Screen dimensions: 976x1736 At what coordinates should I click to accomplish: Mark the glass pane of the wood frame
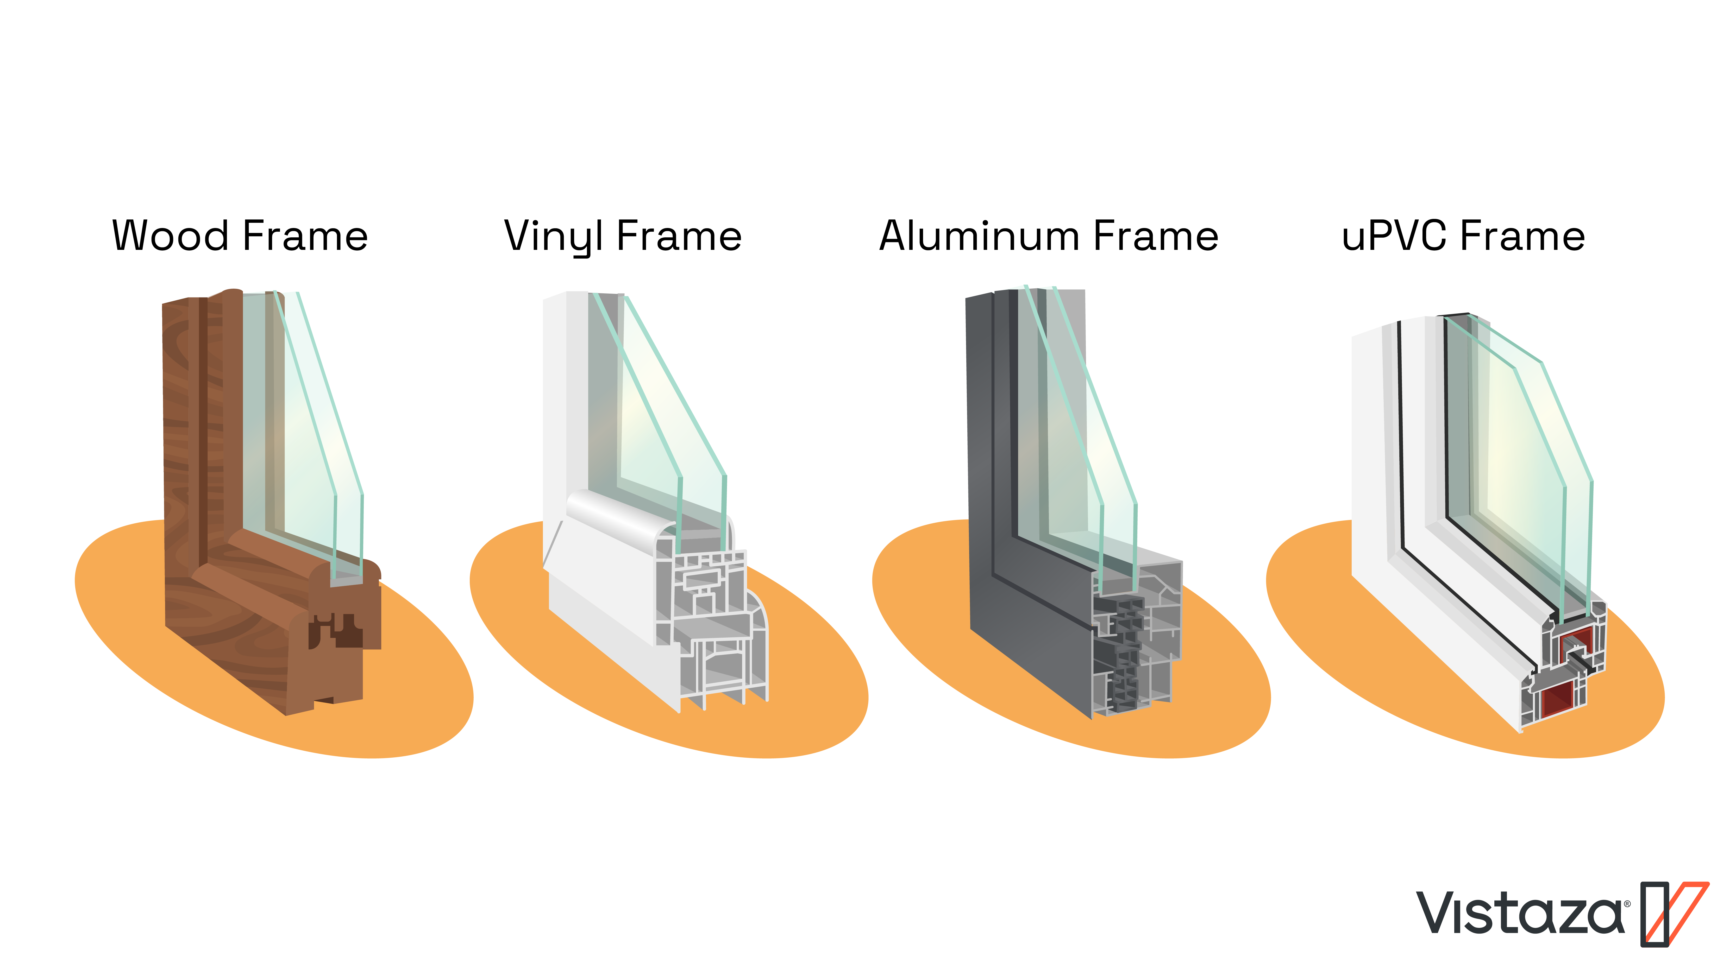click(x=303, y=438)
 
